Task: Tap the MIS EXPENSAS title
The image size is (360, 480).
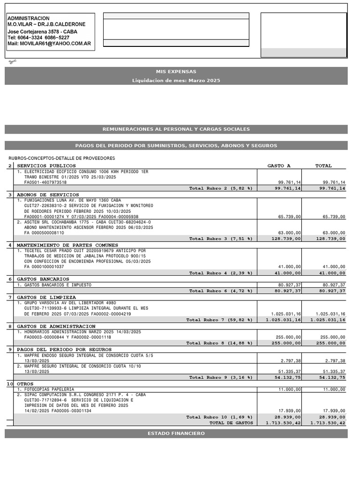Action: pos(176,72)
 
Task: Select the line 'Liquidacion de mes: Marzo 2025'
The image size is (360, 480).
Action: pos(176,81)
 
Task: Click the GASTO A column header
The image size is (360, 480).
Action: pos(279,166)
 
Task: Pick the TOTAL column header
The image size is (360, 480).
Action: pos(323,166)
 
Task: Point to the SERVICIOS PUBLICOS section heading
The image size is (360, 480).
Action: pos(46,166)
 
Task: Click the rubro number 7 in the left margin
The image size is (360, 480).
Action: pos(10,298)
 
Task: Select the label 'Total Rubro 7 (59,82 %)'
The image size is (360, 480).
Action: pos(219,320)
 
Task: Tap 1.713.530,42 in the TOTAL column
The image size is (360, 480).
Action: pos(328,423)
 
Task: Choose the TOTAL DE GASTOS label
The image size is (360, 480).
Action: pos(231,423)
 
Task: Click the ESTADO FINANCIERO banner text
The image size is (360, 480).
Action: pos(176,434)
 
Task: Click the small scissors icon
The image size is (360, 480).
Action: pos(12,62)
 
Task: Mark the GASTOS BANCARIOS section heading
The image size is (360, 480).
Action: pos(43,279)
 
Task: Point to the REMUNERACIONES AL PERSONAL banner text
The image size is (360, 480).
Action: pos(176,129)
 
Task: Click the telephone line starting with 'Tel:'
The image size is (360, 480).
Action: pos(38,37)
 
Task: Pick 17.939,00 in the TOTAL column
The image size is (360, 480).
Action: pos(334,411)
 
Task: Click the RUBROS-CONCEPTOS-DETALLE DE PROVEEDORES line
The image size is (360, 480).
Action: pos(61,158)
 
